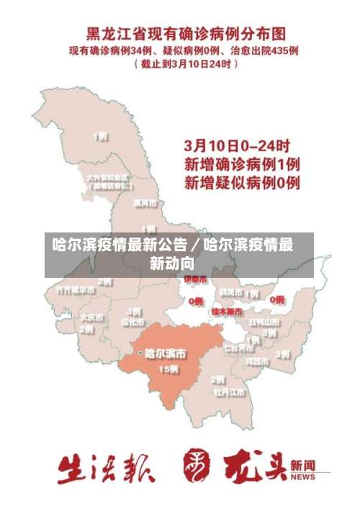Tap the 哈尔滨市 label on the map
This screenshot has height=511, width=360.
(x=166, y=353)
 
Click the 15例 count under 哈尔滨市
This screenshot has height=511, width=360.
(x=168, y=369)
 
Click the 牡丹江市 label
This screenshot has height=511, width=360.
(x=230, y=393)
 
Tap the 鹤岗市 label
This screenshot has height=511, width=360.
(x=231, y=292)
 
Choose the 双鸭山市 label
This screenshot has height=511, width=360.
(x=264, y=322)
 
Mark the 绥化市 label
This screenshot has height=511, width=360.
(x=133, y=322)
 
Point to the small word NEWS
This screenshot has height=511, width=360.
(x=303, y=477)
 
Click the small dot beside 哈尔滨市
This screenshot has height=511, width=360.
(x=140, y=353)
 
